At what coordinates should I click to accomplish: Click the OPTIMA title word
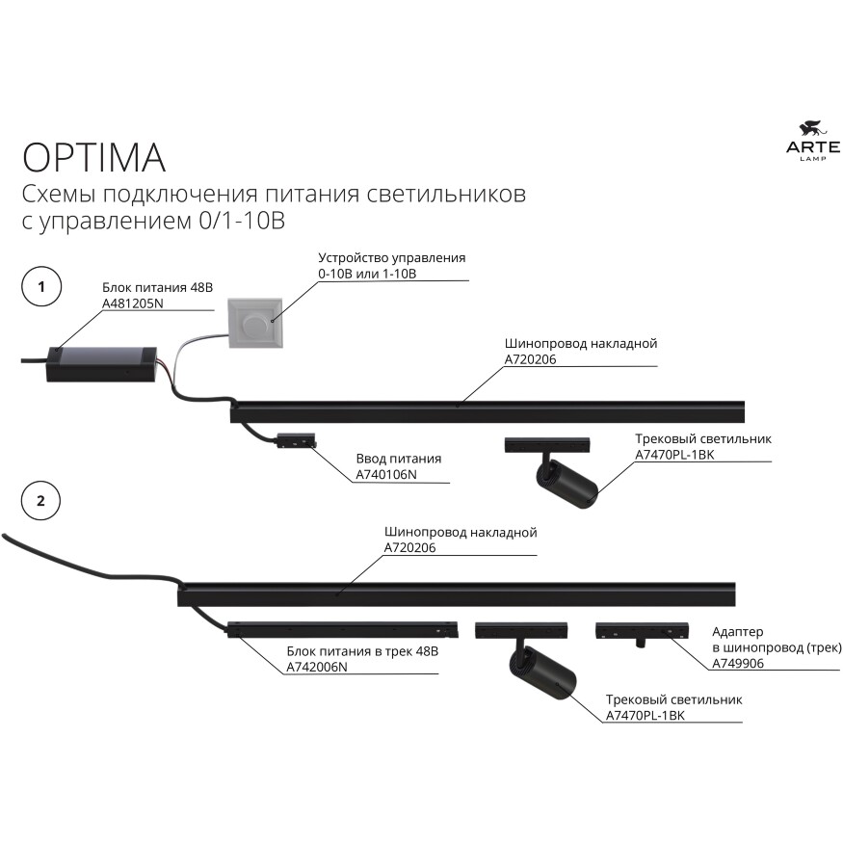pos(93,155)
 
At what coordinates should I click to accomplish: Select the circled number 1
pos(40,287)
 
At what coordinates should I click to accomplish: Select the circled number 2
pos(40,501)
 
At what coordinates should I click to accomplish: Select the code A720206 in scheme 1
pos(531,359)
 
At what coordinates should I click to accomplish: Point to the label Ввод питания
pos(398,459)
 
